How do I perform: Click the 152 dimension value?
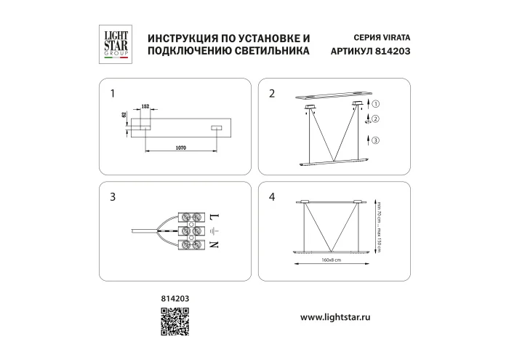pyautogui.click(x=145, y=107)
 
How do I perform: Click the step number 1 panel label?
pyautogui.click(x=112, y=94)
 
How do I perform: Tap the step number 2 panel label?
pyautogui.click(x=272, y=94)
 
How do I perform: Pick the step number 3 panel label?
pyautogui.click(x=112, y=196)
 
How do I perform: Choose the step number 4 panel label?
pyautogui.click(x=272, y=196)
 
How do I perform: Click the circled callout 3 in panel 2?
pyautogui.click(x=377, y=140)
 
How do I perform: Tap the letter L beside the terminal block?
pyautogui.click(x=214, y=217)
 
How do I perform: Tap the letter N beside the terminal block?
pyautogui.click(x=214, y=246)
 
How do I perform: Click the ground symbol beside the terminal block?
pyautogui.click(x=214, y=231)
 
